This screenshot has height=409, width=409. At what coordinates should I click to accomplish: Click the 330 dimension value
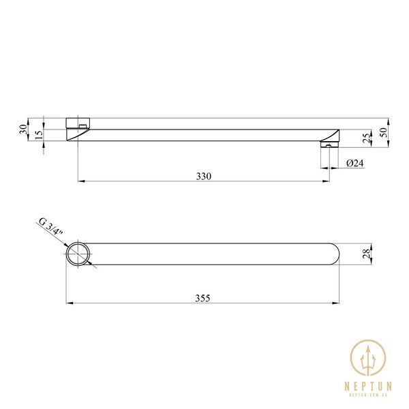point(204,177)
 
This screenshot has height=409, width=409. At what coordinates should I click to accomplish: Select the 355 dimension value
point(202,298)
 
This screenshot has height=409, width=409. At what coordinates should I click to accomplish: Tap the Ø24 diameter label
point(354,164)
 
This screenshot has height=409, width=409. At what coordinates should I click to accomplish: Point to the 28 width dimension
point(367,254)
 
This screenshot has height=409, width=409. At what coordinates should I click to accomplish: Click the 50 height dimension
point(384,132)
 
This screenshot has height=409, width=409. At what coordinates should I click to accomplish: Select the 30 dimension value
point(23,130)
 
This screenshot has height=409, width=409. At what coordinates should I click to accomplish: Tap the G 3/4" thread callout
point(51,227)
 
